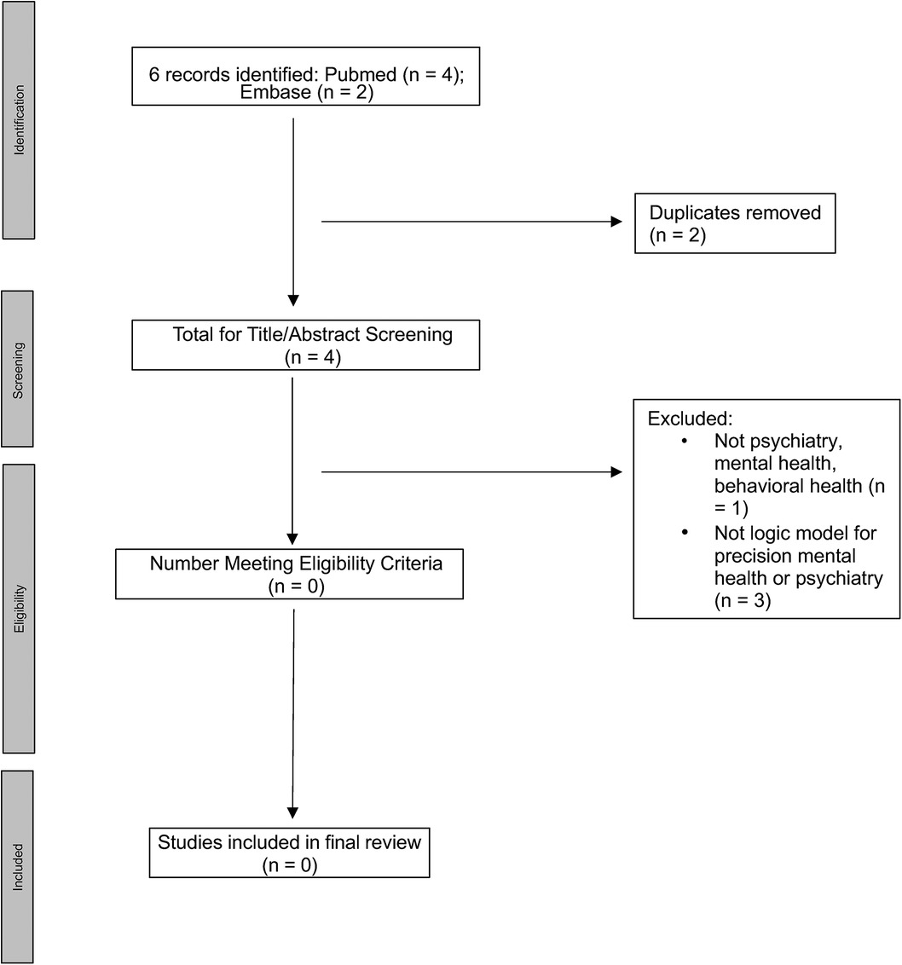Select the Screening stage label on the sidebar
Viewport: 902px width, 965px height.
tap(19, 368)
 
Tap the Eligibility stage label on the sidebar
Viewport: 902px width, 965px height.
tap(19, 608)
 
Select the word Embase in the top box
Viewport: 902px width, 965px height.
tap(275, 92)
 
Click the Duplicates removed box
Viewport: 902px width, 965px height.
tap(734, 223)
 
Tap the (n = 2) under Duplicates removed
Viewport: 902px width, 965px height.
tap(679, 234)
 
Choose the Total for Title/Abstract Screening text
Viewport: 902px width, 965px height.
tap(312, 334)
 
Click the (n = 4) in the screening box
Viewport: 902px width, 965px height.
tap(312, 357)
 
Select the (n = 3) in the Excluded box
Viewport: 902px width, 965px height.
tap(743, 601)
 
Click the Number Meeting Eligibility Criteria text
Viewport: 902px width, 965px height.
tap(296, 564)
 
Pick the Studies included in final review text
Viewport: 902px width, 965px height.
tap(289, 842)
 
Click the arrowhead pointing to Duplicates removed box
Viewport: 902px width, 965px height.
tap(617, 222)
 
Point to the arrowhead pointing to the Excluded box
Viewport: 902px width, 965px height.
tap(617, 471)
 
